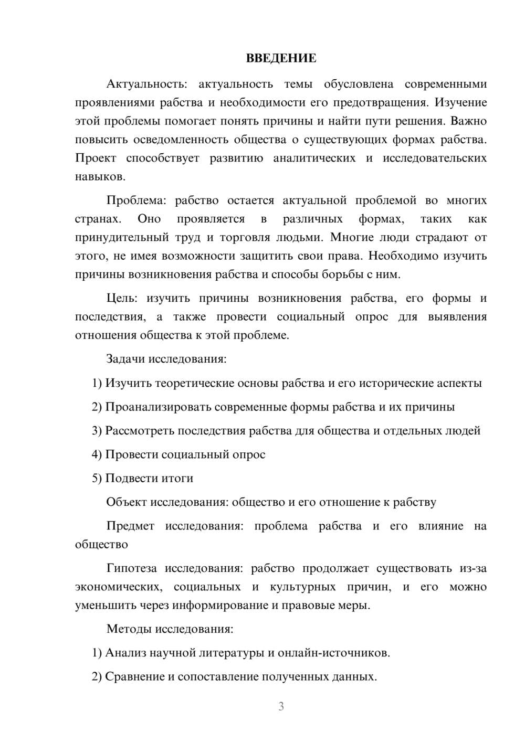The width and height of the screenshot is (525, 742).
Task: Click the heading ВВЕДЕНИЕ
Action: tap(281, 58)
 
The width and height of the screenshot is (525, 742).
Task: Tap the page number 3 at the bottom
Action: tap(281, 706)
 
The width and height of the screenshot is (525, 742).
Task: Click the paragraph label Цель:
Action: tap(122, 299)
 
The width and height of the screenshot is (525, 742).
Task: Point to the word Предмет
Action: tap(130, 526)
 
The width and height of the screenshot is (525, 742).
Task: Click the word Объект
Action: tap(127, 502)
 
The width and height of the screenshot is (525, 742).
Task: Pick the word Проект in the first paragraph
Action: tap(96, 158)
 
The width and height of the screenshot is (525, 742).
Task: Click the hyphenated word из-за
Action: tap(473, 568)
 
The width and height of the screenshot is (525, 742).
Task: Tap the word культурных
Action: tap(303, 587)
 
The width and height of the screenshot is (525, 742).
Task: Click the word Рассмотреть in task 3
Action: tap(140, 431)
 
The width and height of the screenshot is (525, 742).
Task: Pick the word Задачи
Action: tap(125, 359)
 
